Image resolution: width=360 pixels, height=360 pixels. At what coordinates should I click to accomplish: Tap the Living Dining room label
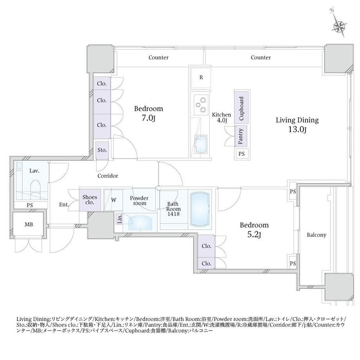[297, 124]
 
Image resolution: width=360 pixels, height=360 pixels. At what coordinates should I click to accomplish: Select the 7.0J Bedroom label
[148, 113]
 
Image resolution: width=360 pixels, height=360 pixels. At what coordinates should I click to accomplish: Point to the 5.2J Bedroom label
[254, 229]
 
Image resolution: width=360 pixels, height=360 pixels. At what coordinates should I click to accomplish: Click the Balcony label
[317, 235]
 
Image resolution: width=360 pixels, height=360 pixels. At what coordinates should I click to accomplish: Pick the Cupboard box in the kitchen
[241, 108]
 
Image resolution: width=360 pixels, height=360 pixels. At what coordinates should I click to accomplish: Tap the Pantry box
[241, 136]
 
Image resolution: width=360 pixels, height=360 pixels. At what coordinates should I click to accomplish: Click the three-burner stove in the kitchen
[201, 105]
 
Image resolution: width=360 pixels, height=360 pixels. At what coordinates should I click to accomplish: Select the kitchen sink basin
[201, 144]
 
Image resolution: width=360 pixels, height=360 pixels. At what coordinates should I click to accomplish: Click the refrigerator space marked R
[201, 77]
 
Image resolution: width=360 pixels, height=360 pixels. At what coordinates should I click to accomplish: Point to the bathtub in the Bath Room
[200, 209]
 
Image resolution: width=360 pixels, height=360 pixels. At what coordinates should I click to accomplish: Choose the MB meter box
[29, 224]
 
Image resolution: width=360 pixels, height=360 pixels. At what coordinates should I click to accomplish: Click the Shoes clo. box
[90, 200]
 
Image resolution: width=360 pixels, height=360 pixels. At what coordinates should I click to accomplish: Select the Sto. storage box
[102, 150]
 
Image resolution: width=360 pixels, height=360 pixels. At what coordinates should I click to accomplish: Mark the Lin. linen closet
[119, 219]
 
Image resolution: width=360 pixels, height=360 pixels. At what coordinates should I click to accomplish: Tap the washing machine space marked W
[113, 199]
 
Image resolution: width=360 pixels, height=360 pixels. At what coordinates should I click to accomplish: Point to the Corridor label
[108, 176]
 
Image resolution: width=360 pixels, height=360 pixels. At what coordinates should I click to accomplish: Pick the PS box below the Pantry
[241, 154]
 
